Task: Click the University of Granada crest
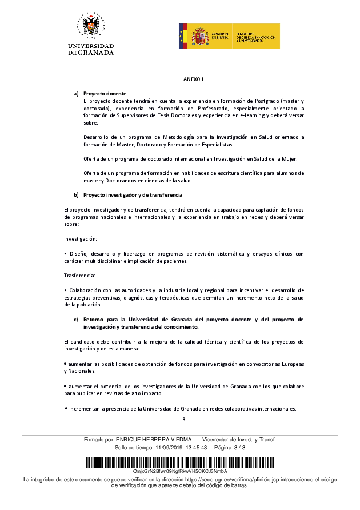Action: point(91,26)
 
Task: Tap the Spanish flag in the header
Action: point(183,37)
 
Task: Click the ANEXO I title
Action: point(193,79)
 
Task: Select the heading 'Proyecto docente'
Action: point(105,93)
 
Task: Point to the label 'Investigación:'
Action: point(81,238)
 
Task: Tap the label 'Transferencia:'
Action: point(80,276)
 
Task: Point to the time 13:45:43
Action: point(195,447)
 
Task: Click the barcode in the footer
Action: point(180,462)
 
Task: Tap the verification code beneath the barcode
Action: point(180,471)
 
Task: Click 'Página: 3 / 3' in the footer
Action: point(229,447)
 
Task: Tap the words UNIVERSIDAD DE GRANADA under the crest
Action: point(91,49)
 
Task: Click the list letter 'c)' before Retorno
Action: point(75,319)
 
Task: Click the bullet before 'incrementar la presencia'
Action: point(66,409)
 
